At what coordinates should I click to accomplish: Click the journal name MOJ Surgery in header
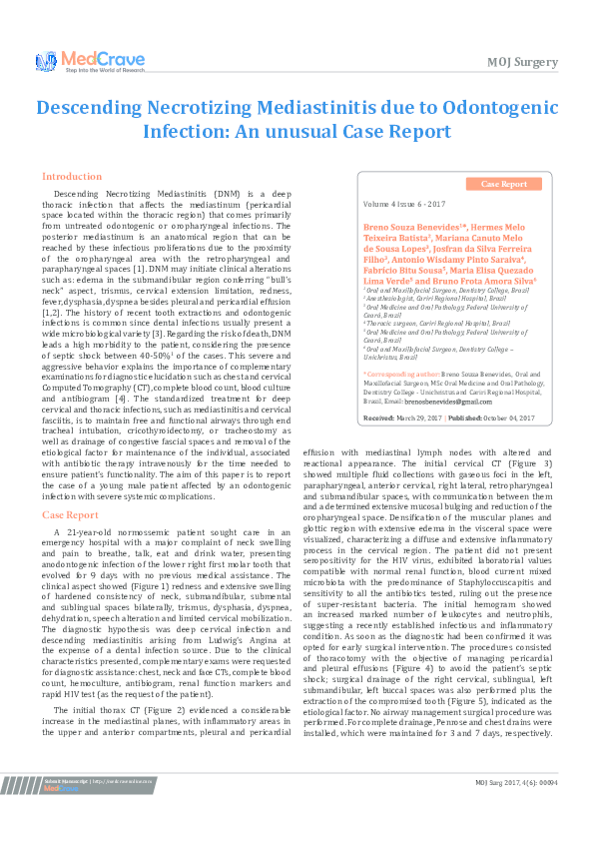click(x=522, y=62)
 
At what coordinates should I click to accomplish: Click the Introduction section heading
click(x=72, y=176)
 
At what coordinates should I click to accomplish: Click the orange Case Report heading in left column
click(x=70, y=514)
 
